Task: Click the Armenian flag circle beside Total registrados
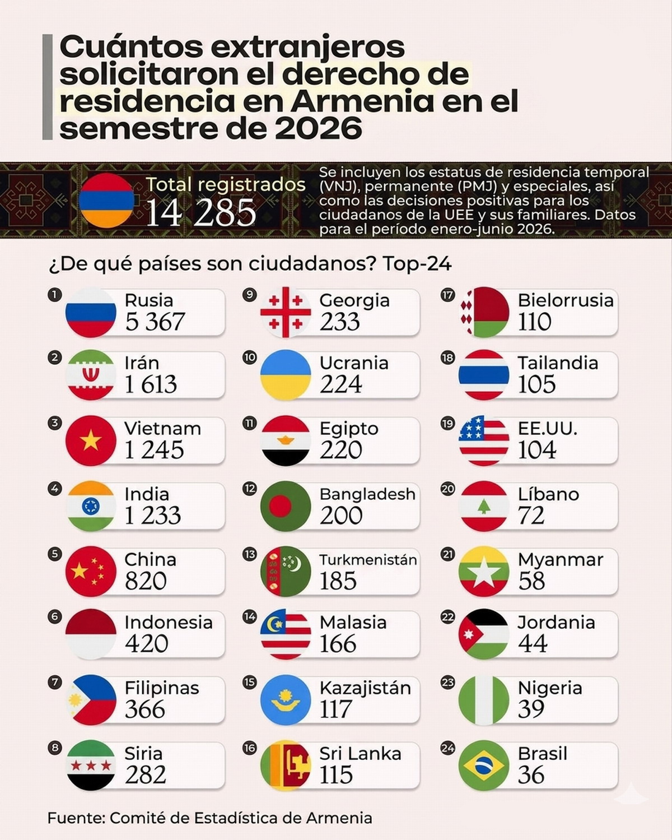click(x=106, y=200)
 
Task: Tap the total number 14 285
click(x=201, y=212)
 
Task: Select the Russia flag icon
click(x=91, y=312)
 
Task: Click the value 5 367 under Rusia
click(x=155, y=322)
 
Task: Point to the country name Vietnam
click(x=162, y=429)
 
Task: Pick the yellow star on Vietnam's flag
click(x=91, y=440)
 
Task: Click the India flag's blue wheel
click(x=91, y=507)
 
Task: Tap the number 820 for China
click(x=146, y=581)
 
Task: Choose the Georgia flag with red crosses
click(x=286, y=312)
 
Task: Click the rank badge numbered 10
click(x=249, y=358)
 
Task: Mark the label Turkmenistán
click(x=368, y=560)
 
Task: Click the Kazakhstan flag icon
click(x=286, y=700)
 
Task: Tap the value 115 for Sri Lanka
click(x=336, y=775)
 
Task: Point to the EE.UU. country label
click(x=547, y=429)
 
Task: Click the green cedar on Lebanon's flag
click(x=484, y=506)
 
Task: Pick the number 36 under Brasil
click(x=531, y=775)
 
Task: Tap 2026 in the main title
click(x=319, y=129)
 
